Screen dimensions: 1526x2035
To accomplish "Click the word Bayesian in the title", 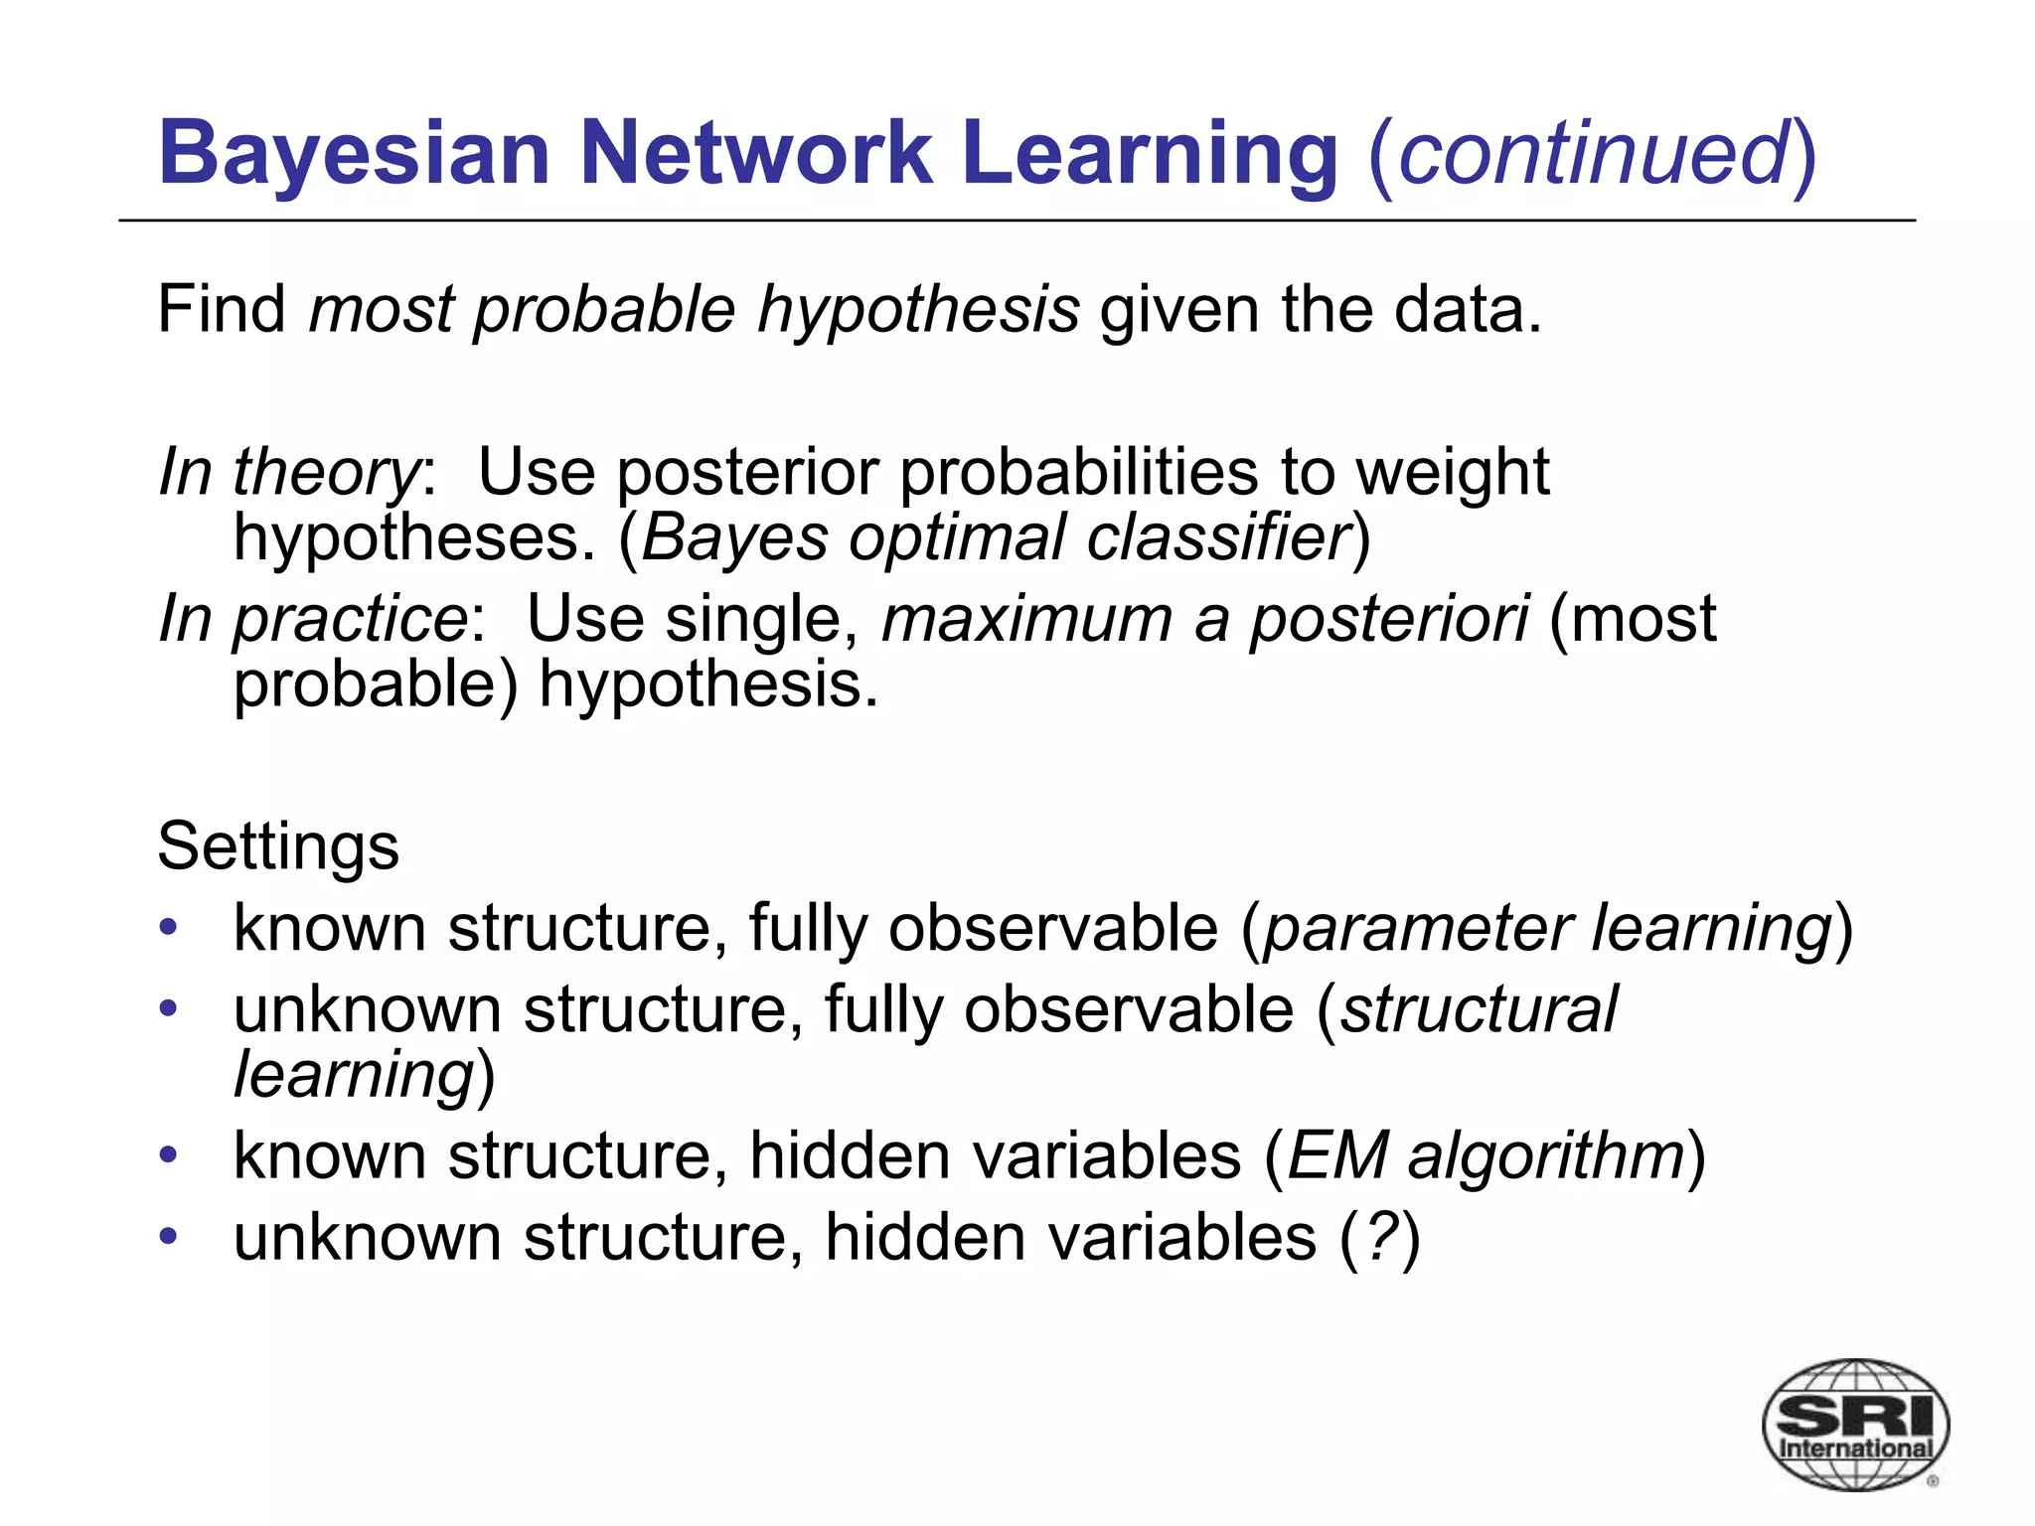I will pos(354,154).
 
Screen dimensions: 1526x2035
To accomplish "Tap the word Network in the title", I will pos(755,154).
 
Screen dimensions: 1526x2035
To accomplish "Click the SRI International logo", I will pos(1854,1424).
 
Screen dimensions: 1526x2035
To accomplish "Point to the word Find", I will pos(222,309).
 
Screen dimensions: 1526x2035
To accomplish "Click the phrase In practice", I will pos(313,619).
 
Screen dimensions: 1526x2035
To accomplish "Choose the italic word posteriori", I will pos(1388,619).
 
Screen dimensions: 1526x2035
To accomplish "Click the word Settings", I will pos(278,847).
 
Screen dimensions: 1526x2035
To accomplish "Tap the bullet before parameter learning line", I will pos(169,928).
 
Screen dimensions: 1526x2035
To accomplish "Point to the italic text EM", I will pos(1337,1156).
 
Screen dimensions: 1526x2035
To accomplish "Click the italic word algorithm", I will pos(1546,1156).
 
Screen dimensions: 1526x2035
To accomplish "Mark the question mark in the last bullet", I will pos(1379,1238).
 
